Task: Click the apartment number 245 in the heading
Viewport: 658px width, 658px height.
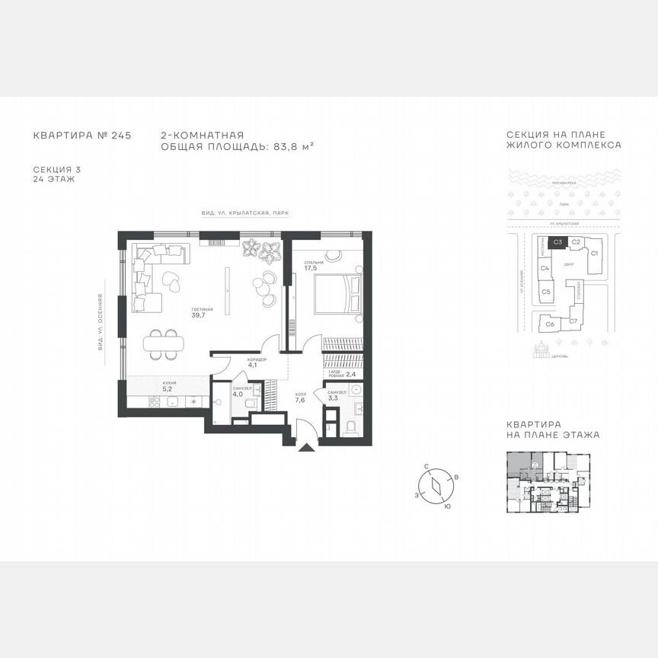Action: (121, 135)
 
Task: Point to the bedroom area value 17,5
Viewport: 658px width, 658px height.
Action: (310, 269)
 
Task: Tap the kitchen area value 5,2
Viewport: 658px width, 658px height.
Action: (167, 388)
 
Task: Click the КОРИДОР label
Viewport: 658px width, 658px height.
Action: (257, 359)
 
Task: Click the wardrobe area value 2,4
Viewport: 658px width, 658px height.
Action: (351, 375)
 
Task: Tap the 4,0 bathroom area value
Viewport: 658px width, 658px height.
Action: (237, 394)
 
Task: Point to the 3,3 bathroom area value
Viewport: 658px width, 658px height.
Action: (332, 398)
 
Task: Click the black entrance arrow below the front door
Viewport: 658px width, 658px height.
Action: (305, 449)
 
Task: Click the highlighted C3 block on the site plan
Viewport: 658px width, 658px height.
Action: (557, 242)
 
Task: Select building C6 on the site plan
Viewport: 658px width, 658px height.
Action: (549, 324)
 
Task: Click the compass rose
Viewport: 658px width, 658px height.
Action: (436, 486)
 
